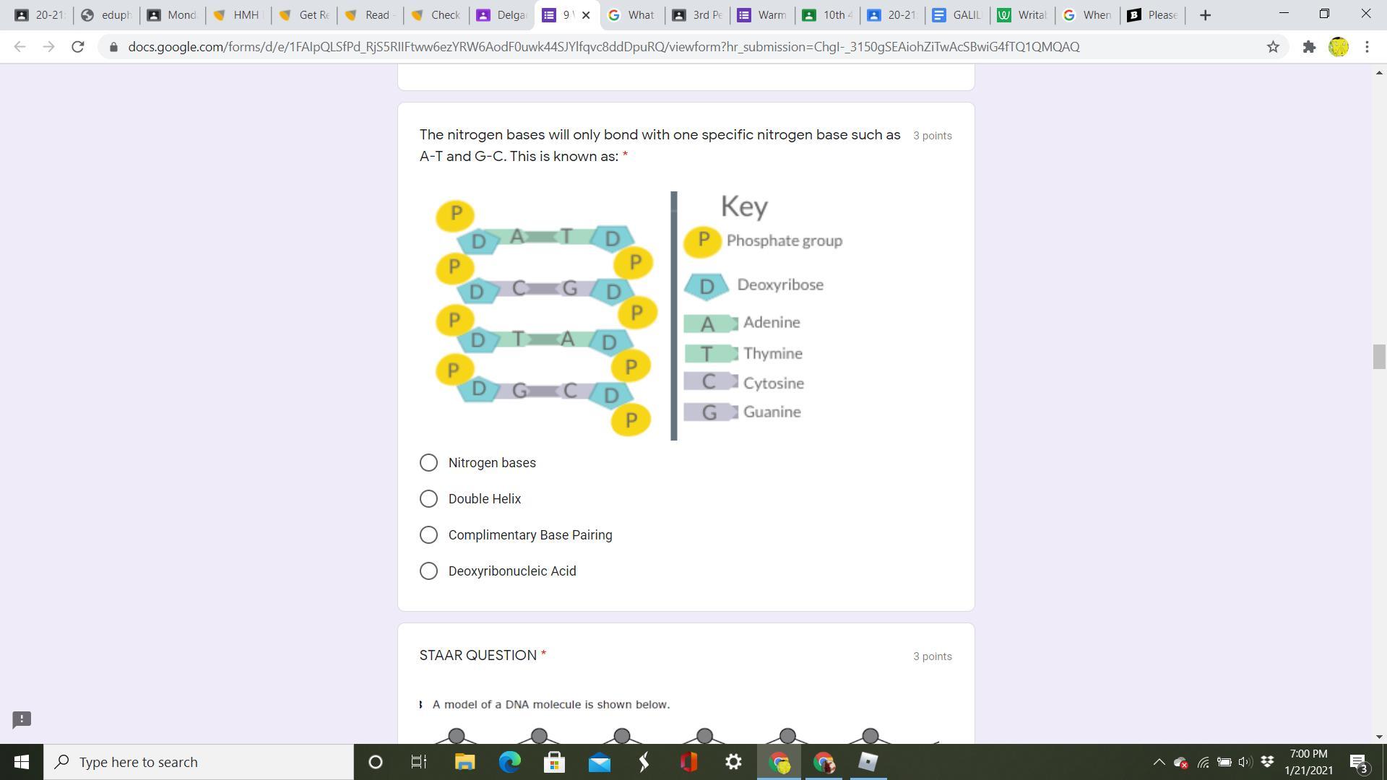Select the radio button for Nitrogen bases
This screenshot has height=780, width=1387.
point(428,463)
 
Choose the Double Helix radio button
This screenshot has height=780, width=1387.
point(428,499)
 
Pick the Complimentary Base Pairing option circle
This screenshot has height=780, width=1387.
point(428,535)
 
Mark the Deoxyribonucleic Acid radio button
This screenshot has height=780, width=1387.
point(428,571)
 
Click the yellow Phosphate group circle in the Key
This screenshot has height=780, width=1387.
point(702,240)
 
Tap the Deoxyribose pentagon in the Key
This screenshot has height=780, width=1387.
point(707,286)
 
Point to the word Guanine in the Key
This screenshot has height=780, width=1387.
point(772,412)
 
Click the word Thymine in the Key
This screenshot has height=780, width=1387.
point(772,354)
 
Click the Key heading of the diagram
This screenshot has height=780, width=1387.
point(744,207)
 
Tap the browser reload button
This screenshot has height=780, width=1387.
point(78,47)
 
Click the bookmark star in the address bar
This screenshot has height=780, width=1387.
point(1273,47)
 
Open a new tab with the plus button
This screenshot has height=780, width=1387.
point(1205,15)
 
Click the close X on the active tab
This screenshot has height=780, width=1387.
point(586,15)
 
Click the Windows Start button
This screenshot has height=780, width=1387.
point(22,762)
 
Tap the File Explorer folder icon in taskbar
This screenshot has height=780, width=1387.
point(465,762)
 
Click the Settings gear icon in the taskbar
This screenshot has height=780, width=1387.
point(733,762)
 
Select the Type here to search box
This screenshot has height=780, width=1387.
point(199,762)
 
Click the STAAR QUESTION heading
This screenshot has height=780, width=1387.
point(478,656)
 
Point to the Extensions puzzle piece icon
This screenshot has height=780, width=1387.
point(1309,47)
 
